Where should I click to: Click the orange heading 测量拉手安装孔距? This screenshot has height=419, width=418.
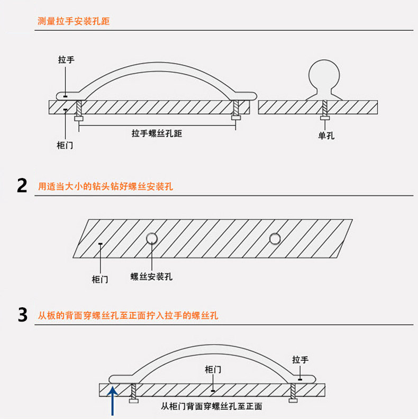tap(74, 22)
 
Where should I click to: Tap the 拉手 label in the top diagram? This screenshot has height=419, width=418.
tap(66, 60)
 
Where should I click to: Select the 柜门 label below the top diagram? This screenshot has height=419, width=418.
tap(65, 145)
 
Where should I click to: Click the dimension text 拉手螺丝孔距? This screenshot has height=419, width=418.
tap(157, 133)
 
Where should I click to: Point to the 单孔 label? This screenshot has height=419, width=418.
tap(326, 136)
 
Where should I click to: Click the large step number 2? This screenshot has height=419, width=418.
tap(22, 186)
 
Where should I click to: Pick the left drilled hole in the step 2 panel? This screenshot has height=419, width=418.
tap(152, 238)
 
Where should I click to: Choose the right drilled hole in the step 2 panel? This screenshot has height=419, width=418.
tap(274, 238)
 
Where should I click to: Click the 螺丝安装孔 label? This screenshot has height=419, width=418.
tap(151, 277)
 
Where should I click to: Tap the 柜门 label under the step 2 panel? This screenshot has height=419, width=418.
tap(100, 279)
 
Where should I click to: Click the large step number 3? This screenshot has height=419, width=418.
tap(22, 315)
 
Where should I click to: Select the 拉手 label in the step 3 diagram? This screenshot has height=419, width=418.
tap(300, 360)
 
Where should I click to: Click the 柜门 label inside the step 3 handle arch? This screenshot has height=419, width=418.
tap(212, 369)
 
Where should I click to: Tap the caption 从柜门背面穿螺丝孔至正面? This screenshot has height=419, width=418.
tap(211, 407)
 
